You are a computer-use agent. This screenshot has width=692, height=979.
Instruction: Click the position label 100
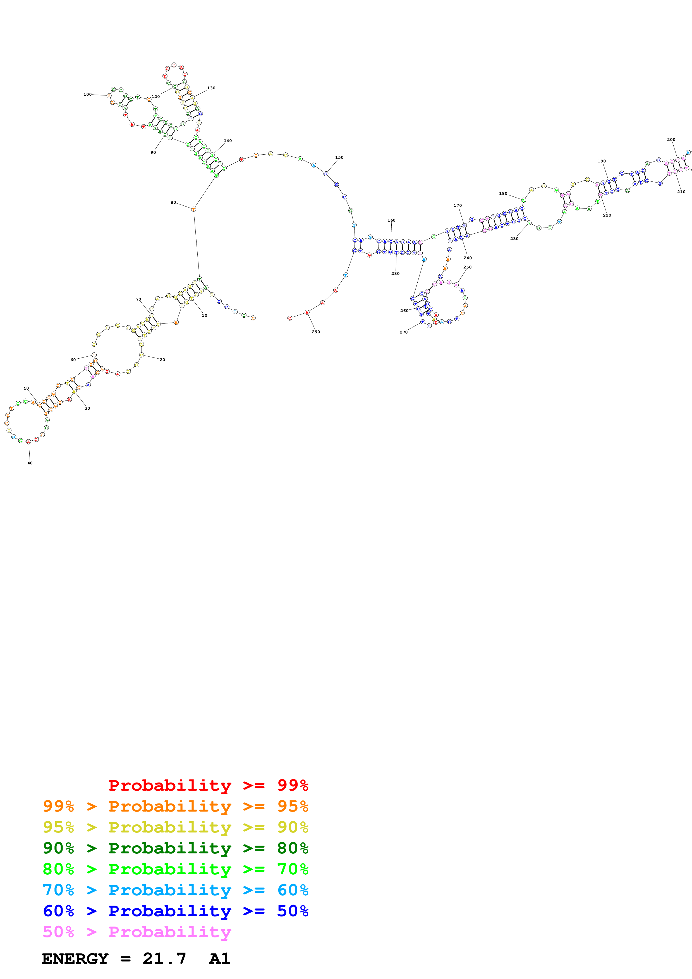(87, 94)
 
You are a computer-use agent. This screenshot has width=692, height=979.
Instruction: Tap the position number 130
(211, 88)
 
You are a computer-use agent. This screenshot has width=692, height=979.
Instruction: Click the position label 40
(30, 463)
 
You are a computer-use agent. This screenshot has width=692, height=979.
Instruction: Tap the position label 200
(671, 140)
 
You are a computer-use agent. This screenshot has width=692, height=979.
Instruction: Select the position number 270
(403, 332)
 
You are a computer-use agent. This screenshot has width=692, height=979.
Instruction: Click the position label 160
(391, 220)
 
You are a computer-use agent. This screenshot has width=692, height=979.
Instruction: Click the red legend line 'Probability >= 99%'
(208, 785)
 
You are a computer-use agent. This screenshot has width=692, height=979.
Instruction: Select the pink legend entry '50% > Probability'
(137, 932)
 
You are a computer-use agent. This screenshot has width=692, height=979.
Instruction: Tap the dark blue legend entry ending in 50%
(175, 911)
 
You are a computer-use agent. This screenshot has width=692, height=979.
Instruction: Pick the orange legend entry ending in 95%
(175, 806)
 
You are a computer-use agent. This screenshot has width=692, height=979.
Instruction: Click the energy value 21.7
(164, 959)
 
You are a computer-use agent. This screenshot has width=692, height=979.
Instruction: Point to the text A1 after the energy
(220, 959)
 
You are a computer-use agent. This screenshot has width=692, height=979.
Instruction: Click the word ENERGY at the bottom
(75, 959)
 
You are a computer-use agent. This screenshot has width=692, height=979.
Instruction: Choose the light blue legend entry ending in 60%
(175, 890)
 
